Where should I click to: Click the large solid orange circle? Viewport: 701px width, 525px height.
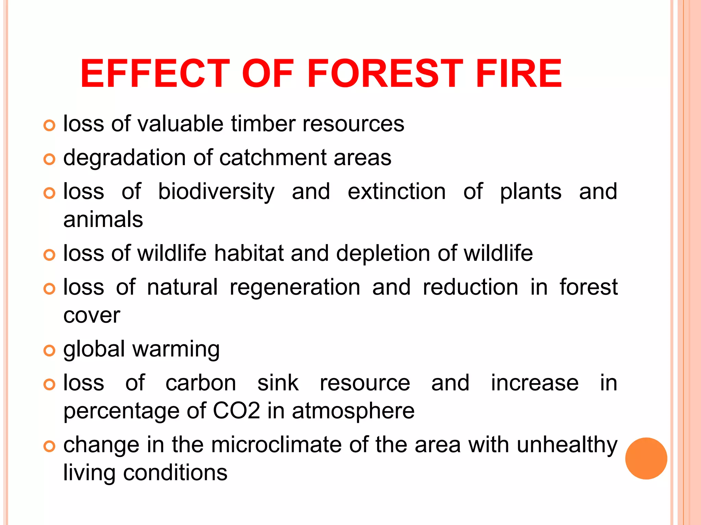coord(646,458)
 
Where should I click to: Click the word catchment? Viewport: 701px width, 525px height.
coord(273,158)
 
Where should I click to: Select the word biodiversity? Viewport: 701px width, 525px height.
coord(216,192)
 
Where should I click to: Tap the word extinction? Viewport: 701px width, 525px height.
coord(397,191)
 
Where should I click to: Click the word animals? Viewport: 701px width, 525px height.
coord(103,219)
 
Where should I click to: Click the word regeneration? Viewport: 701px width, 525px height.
coord(295,288)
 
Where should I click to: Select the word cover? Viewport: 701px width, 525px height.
coord(92,315)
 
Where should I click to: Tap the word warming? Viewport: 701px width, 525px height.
coord(176,350)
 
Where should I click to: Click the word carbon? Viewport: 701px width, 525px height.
coord(201,383)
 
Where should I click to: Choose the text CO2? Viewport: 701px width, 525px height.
coord(237,410)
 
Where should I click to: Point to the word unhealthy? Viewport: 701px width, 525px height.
coord(567,445)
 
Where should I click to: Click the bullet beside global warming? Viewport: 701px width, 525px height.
coord(49,351)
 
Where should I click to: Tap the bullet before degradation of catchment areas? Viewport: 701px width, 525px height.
coord(49,159)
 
